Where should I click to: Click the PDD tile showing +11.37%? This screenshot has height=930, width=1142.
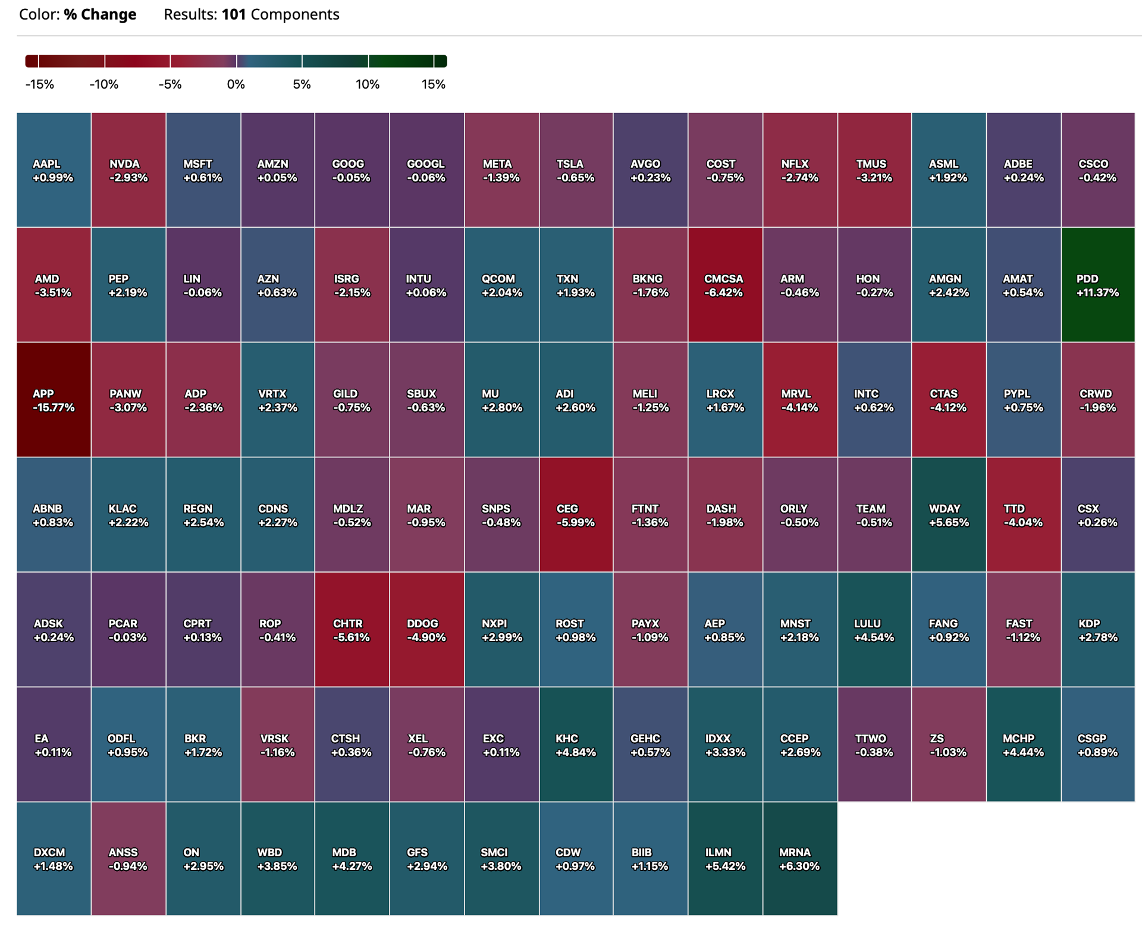point(1098,285)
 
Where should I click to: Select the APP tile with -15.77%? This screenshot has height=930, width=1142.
point(54,400)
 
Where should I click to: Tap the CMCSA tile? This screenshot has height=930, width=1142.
point(725,285)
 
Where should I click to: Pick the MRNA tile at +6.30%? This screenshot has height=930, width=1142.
point(800,859)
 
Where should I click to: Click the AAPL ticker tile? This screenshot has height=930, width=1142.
point(54,170)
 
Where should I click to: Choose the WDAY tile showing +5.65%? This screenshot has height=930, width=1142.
point(949,514)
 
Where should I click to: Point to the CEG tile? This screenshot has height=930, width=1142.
point(576,514)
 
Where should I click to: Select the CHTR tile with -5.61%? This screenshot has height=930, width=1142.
point(352,629)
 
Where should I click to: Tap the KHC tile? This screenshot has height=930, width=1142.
point(576,744)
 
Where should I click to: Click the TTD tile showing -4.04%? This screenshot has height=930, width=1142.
point(1024,514)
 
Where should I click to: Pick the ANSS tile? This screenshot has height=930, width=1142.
point(128,859)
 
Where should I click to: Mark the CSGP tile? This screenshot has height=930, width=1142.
point(1098,744)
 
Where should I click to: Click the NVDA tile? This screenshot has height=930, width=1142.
point(128,170)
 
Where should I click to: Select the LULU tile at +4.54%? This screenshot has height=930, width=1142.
point(874,629)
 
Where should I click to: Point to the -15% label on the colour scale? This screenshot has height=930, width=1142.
point(40,84)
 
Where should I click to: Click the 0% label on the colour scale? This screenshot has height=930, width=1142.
point(236,84)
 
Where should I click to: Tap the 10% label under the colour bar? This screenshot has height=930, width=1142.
point(368,84)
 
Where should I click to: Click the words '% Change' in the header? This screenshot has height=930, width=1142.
point(100,14)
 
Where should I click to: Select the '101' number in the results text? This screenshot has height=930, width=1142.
point(234,14)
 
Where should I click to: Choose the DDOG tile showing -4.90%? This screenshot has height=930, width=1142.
point(426,629)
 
